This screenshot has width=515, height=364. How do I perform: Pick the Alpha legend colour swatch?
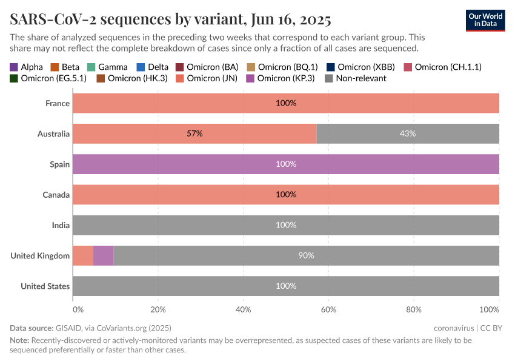(x=14, y=67)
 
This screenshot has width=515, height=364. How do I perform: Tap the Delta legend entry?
(x=153, y=67)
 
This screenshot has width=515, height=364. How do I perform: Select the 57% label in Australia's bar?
(x=194, y=133)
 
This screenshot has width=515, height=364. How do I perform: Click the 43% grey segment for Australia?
(x=407, y=133)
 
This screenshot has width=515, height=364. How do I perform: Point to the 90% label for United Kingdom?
(x=306, y=255)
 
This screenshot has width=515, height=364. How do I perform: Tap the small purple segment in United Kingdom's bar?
(x=104, y=255)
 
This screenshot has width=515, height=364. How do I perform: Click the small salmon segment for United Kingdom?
(x=83, y=255)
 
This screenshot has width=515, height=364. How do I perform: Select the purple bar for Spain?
(x=285, y=164)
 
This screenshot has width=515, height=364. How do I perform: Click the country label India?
(x=61, y=225)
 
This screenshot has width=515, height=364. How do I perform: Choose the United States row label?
(x=45, y=286)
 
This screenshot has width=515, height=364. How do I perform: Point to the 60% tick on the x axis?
(x=328, y=309)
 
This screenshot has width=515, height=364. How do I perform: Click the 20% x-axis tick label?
(x=158, y=309)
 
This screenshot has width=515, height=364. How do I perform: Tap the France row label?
(x=58, y=103)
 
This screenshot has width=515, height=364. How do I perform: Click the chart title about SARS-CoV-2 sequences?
(x=170, y=19)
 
